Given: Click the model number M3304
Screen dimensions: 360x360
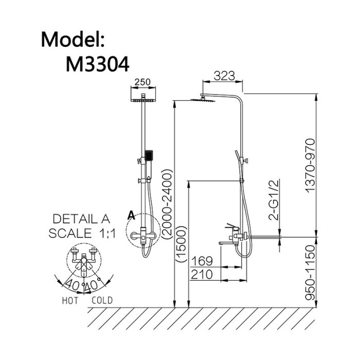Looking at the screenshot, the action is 97,64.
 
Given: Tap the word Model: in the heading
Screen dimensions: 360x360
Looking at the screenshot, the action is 73,40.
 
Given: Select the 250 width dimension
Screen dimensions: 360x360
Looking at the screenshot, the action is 142,82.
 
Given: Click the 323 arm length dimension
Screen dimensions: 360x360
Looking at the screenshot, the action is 224,76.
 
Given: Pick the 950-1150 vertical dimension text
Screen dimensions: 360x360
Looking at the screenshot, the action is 310,273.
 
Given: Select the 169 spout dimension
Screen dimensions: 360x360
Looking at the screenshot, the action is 202,261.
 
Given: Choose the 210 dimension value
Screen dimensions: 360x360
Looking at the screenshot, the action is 202,275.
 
